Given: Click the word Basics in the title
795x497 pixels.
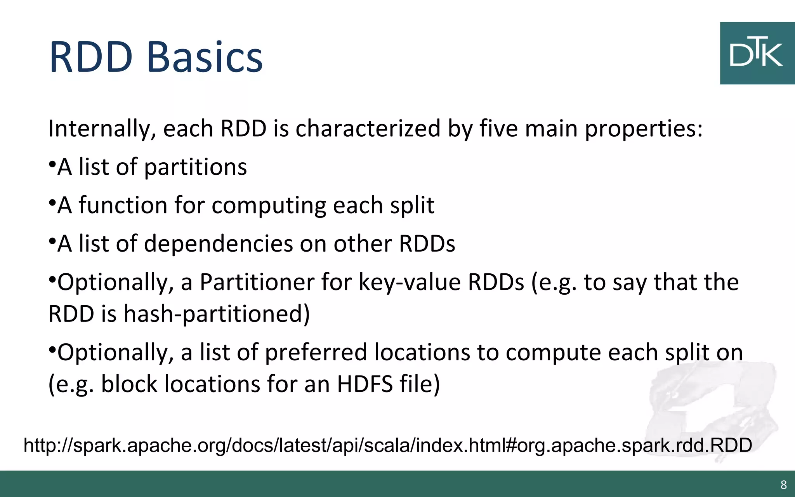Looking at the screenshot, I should tap(205, 57).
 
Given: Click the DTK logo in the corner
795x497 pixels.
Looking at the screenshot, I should tap(757, 53).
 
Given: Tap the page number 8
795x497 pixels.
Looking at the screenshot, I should tap(783, 485).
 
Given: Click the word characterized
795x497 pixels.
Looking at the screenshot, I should tap(368, 129).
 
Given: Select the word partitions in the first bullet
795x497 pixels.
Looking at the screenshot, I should tap(195, 167).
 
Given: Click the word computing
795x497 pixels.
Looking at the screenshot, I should tap(269, 206).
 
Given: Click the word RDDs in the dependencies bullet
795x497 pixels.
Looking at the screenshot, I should tap(427, 244).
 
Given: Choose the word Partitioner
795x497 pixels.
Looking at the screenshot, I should tap(257, 282).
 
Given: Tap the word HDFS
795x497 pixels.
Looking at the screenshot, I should tap(365, 384).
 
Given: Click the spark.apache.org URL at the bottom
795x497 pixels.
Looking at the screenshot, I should tap(387, 445).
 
